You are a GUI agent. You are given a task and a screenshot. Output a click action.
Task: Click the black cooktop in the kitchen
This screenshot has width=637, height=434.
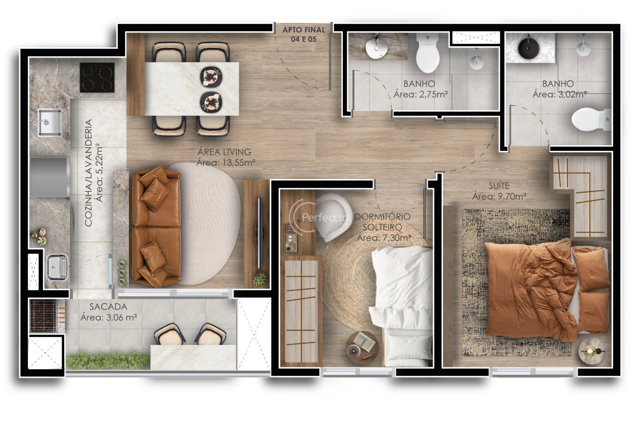click(x=97, y=77)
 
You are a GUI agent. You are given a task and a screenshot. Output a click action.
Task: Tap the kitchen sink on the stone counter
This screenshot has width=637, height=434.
click(x=50, y=123)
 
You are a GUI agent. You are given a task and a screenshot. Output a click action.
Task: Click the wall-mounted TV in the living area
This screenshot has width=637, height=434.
click(x=259, y=233)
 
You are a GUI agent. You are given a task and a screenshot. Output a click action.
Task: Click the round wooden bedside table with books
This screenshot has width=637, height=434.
click(x=362, y=347)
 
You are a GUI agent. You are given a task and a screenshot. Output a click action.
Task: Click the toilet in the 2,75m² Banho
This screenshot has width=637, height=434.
click(x=427, y=53)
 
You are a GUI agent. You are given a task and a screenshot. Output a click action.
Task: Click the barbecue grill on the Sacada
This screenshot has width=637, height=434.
click(x=44, y=316)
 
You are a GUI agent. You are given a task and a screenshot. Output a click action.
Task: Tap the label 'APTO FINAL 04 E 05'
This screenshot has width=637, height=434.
click(x=304, y=34)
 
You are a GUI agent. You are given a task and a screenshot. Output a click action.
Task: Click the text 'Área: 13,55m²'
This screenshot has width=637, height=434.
click(x=225, y=163)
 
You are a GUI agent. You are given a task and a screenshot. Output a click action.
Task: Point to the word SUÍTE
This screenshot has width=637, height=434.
click(x=499, y=186)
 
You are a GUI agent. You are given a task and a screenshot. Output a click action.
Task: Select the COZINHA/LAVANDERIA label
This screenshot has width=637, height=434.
click(x=89, y=173)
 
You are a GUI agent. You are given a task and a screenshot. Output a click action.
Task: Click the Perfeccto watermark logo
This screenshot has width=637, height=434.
click(x=318, y=218)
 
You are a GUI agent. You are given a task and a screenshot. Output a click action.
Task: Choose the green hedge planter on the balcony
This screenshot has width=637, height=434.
click(x=108, y=360)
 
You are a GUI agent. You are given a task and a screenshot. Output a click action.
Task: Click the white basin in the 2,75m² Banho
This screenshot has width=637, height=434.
click(x=376, y=49)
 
